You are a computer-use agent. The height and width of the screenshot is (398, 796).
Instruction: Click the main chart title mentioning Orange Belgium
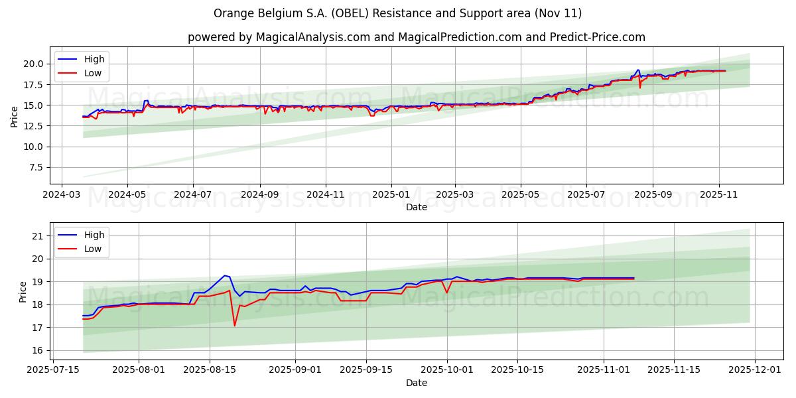pyautogui.click(x=397, y=13)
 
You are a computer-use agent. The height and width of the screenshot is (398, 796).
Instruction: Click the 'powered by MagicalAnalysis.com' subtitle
pyautogui.click(x=416, y=37)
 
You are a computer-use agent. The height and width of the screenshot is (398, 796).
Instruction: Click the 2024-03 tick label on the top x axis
pyautogui.click(x=62, y=196)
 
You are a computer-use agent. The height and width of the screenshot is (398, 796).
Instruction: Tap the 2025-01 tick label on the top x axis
pyautogui.click(x=391, y=196)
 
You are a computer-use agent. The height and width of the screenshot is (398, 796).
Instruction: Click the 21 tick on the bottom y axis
pyautogui.click(x=37, y=236)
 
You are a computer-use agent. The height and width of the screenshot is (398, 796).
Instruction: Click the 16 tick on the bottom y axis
pyautogui.click(x=37, y=351)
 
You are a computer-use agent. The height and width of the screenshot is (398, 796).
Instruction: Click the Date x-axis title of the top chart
pyautogui.click(x=416, y=208)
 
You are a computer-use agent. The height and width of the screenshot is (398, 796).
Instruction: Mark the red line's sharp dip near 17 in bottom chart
pyautogui.click(x=234, y=325)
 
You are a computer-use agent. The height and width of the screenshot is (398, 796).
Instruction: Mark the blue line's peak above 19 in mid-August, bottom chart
pyautogui.click(x=225, y=275)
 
